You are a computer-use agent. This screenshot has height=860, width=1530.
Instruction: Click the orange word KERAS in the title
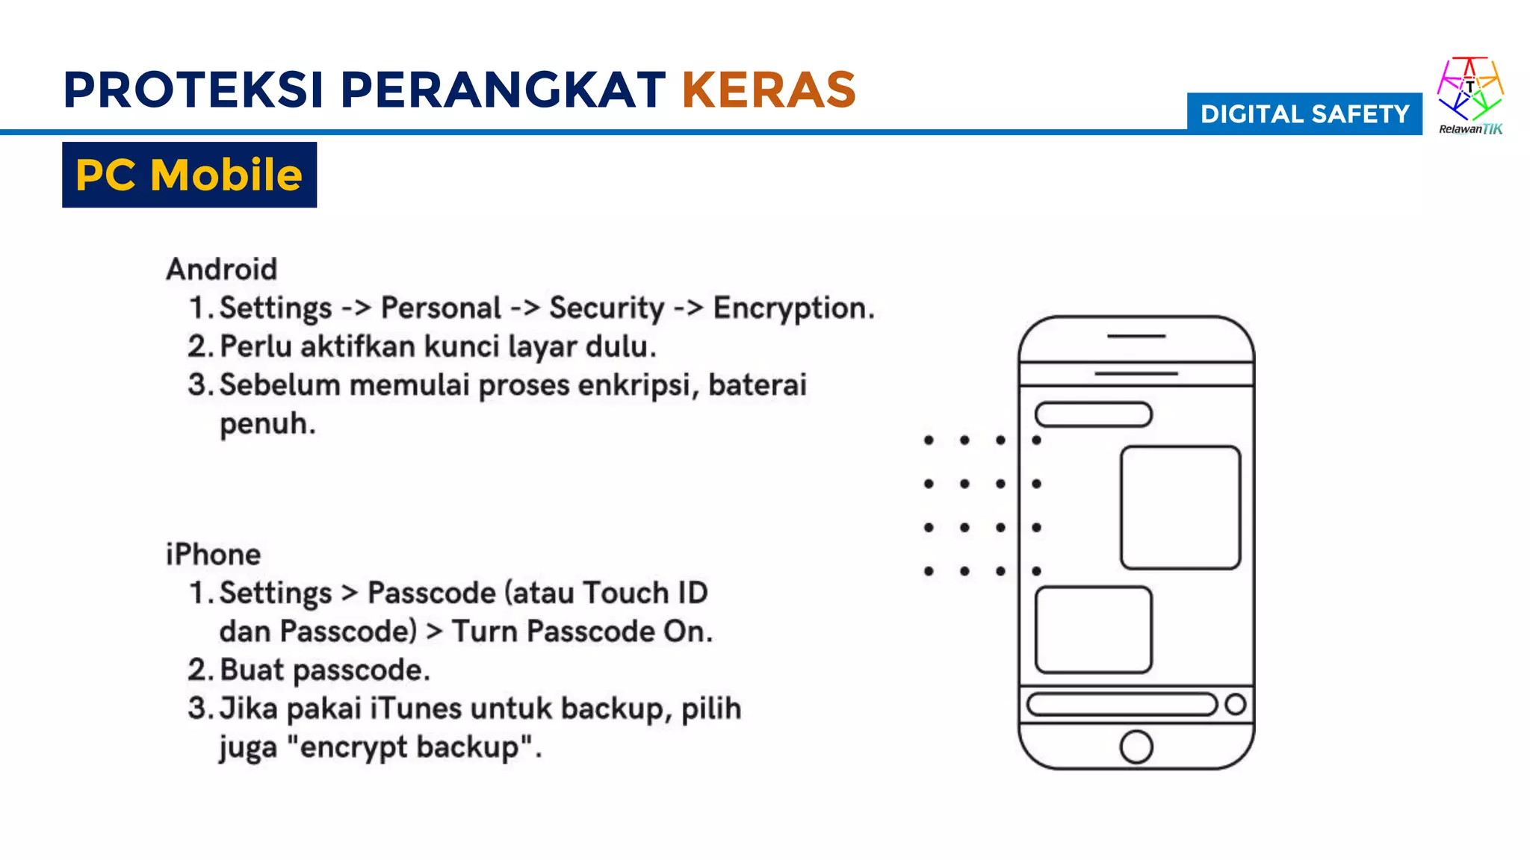768,90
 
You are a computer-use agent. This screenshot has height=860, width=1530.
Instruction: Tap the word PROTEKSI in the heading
193,90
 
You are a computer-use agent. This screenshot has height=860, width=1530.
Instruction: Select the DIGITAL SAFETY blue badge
1304,114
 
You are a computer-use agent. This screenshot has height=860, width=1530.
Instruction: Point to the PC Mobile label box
189,175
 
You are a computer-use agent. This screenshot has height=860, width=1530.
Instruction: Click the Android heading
222,269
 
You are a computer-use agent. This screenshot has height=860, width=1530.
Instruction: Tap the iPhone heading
213,555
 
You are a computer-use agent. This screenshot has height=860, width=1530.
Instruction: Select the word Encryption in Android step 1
793,308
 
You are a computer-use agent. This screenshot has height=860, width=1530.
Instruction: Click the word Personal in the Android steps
441,308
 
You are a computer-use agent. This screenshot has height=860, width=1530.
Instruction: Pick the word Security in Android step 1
607,308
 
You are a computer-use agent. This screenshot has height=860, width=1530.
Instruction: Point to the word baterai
757,385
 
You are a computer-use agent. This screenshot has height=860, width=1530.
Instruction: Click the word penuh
267,424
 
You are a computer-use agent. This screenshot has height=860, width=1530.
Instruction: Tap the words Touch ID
645,593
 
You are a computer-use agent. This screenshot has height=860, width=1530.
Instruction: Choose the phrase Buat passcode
325,670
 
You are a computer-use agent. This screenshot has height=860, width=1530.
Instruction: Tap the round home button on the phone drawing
1136,747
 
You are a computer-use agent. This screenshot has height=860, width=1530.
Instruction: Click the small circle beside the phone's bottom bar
1236,704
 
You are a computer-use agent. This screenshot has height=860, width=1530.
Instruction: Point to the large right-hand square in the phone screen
1180,508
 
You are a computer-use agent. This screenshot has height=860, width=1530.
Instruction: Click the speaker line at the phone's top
1136,337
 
